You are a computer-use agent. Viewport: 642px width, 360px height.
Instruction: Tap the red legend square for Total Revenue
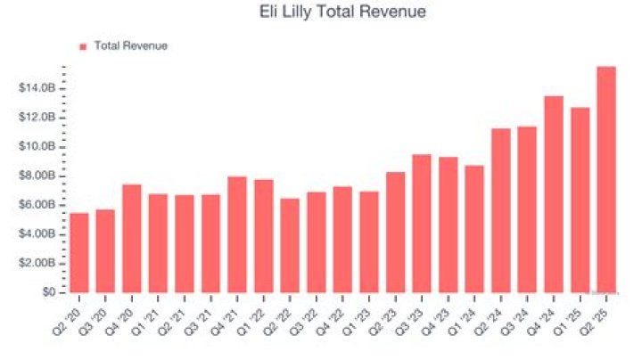click(x=83, y=46)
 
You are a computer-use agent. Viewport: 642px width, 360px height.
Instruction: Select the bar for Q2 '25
click(x=606, y=179)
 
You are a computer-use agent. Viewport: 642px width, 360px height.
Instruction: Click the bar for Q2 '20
click(x=79, y=252)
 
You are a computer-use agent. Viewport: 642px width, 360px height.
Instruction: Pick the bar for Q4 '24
click(x=554, y=194)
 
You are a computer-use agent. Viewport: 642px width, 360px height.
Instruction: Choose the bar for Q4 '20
click(x=132, y=238)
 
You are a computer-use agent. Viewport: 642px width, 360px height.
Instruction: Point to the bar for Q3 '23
click(x=422, y=224)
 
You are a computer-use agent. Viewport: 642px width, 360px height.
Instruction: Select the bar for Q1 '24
click(x=474, y=229)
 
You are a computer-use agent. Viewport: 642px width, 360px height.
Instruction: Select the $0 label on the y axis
click(x=49, y=292)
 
